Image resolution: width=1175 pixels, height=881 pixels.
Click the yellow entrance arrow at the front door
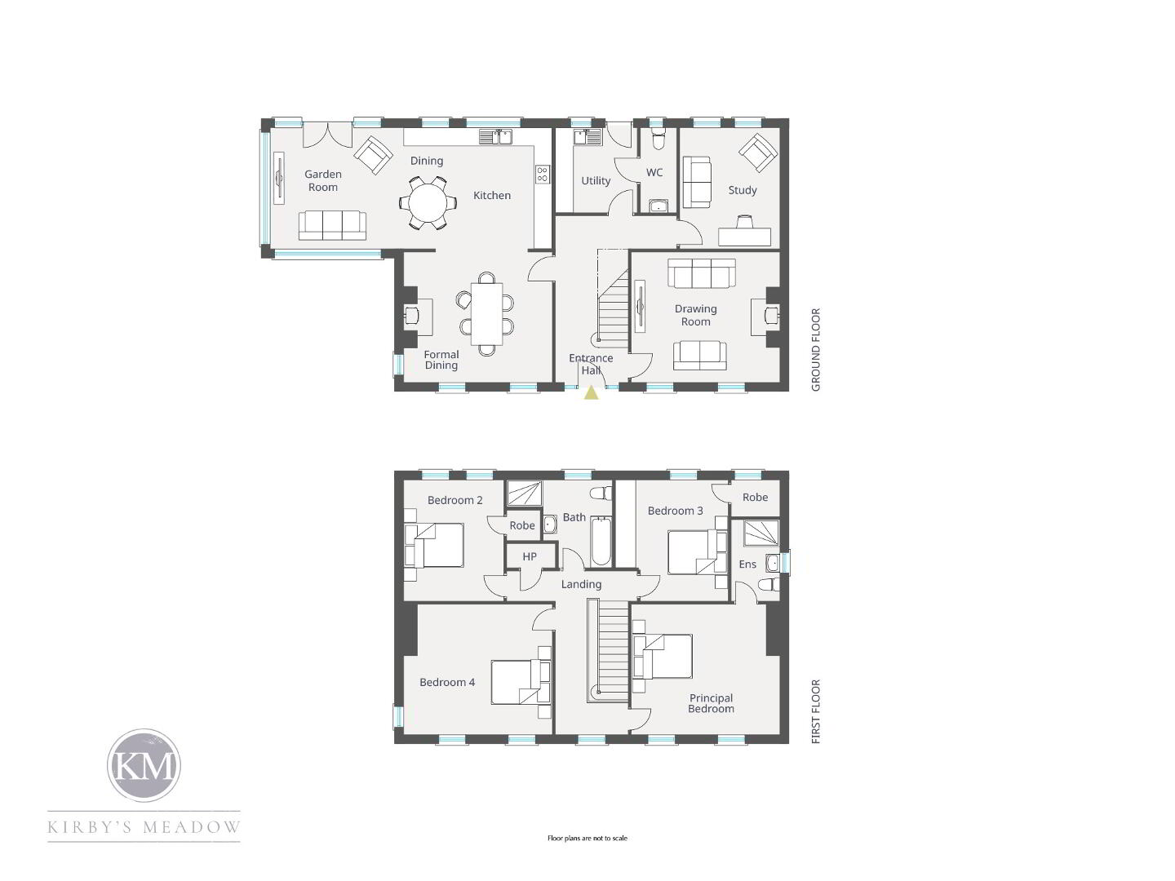point(591,393)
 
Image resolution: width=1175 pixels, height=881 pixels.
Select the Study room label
point(742,190)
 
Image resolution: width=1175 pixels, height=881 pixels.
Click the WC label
point(654,172)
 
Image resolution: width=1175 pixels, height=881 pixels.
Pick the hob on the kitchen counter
point(543,174)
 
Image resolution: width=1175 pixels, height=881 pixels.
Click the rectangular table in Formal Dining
point(486,314)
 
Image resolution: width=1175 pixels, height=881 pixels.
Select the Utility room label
point(596,181)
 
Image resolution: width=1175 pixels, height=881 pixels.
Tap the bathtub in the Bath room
point(601,541)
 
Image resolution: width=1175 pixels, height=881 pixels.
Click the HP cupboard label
point(530,556)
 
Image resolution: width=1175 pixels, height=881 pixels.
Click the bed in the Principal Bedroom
point(663,657)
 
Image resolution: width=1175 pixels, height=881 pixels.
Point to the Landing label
point(581,584)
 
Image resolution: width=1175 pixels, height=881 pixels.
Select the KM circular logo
point(144,765)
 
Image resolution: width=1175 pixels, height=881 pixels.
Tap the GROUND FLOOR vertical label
point(815,349)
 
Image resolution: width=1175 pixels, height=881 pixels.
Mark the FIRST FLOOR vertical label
point(815,711)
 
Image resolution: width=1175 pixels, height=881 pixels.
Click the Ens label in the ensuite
point(747,564)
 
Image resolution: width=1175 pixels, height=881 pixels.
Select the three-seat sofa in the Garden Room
point(332,225)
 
